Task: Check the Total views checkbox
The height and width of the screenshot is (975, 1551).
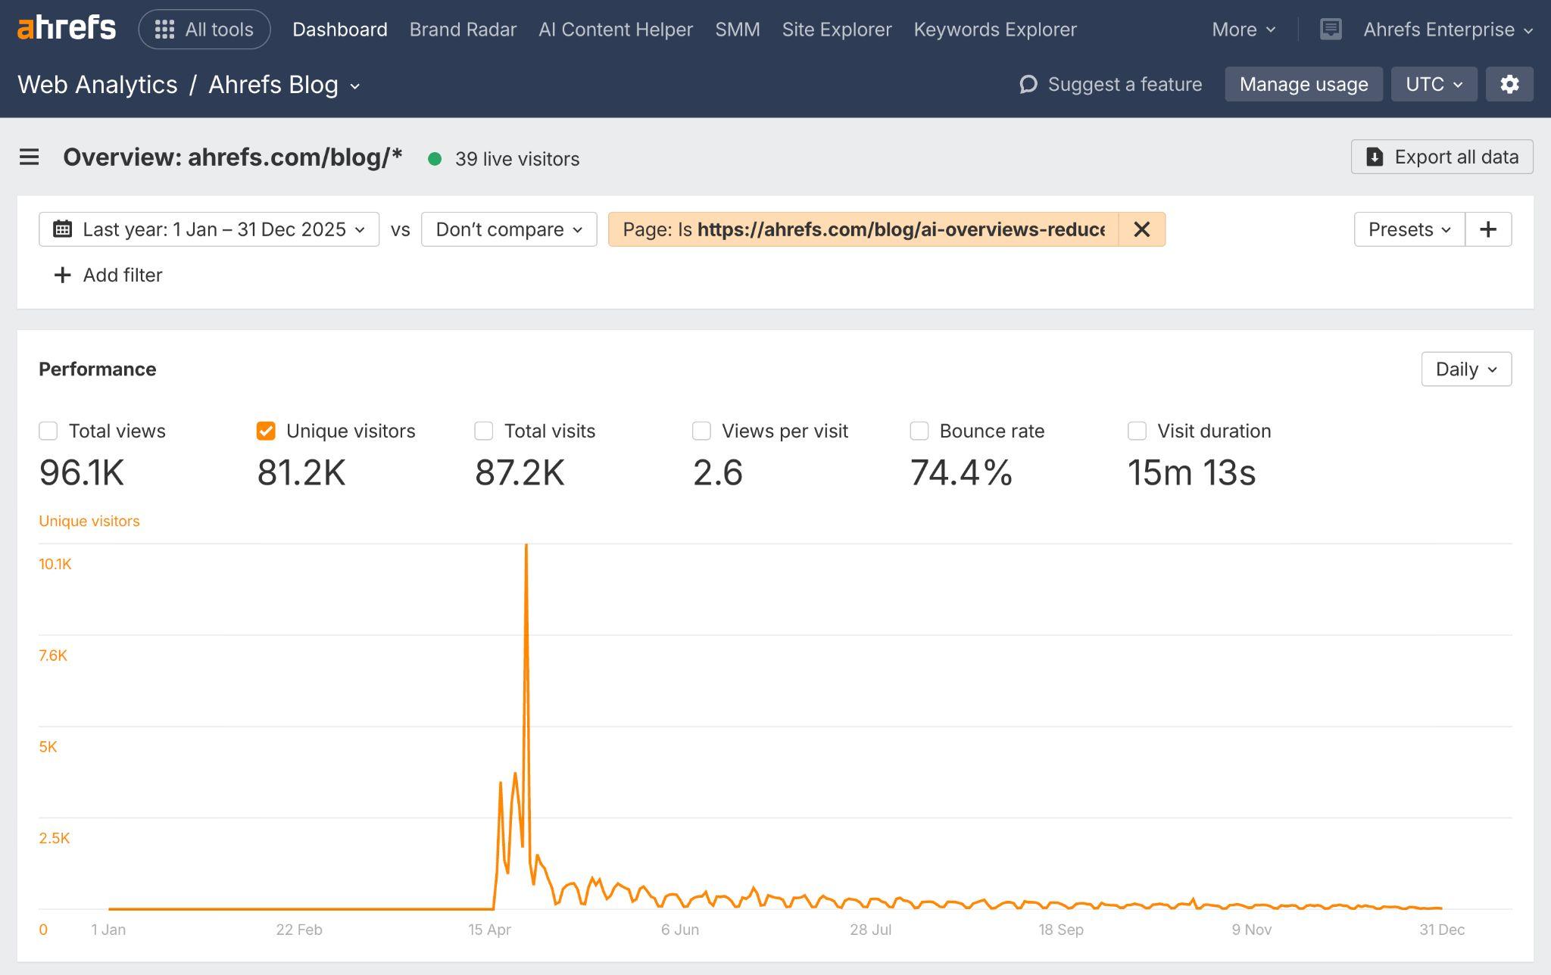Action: tap(48, 431)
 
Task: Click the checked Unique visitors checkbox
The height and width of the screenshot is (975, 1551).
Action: tap(266, 431)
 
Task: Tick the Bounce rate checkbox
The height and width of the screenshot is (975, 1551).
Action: tap(919, 431)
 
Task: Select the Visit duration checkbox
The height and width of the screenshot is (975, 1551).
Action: tap(1137, 431)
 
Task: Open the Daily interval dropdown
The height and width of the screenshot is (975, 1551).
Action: tap(1465, 369)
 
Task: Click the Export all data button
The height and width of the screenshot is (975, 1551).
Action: tap(1441, 157)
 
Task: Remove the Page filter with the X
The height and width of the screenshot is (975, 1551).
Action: tap(1141, 229)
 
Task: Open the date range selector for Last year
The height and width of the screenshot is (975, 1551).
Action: tap(209, 229)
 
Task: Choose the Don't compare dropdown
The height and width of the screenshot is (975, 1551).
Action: tap(509, 229)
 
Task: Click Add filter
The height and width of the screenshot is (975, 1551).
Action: tap(108, 275)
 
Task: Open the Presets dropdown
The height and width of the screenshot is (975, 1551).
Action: tap(1409, 229)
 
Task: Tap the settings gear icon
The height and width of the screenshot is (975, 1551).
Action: tap(1509, 84)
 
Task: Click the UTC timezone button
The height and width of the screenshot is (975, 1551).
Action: tap(1433, 84)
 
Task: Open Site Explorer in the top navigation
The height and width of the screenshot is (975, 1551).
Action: tap(836, 30)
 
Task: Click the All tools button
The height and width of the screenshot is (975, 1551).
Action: tap(204, 30)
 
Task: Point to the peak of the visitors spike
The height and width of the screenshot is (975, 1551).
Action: tap(526, 546)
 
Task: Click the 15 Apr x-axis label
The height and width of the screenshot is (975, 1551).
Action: tap(489, 930)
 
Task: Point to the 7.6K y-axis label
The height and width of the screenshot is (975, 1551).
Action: tap(53, 656)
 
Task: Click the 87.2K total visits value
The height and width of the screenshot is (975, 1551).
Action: tap(520, 473)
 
